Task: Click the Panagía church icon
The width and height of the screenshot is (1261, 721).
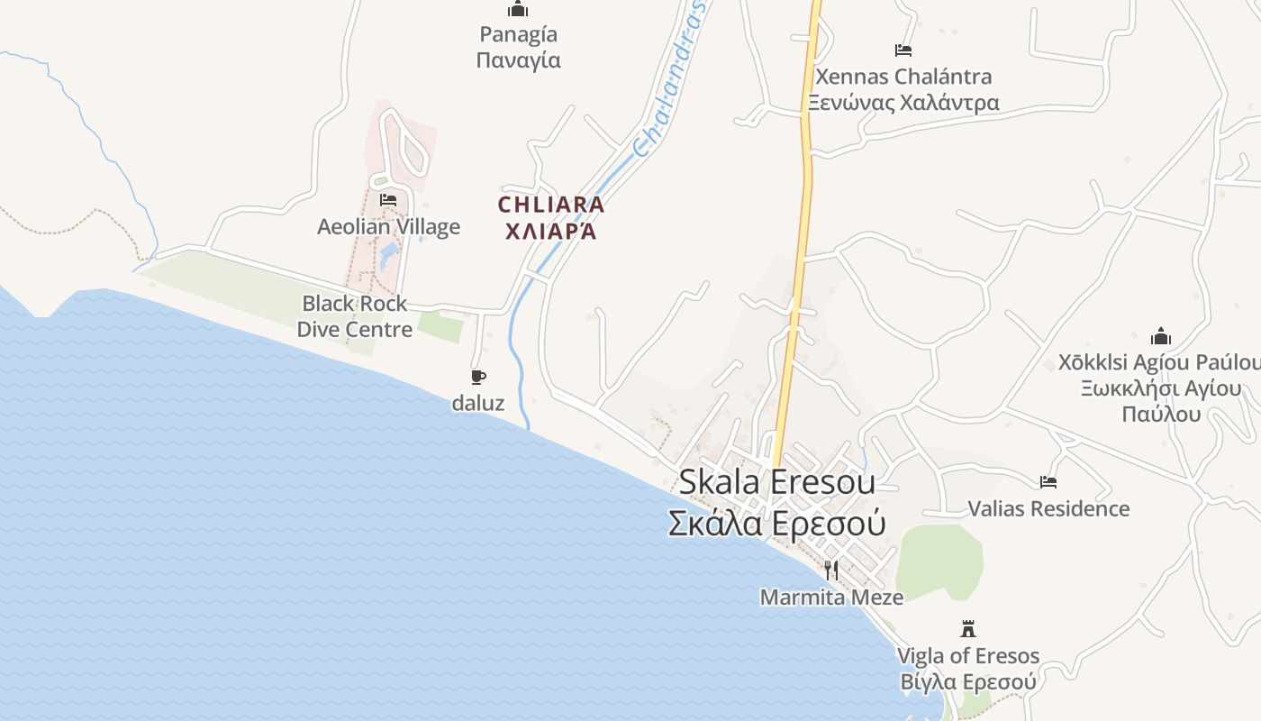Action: pyautogui.click(x=518, y=10)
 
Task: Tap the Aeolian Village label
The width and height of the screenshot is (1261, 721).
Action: pyautogui.click(x=388, y=227)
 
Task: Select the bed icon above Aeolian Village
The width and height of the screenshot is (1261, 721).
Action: pyautogui.click(x=388, y=199)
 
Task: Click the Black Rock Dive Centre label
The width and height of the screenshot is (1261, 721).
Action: pyautogui.click(x=355, y=316)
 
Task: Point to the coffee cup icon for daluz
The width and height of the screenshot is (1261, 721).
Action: pyautogui.click(x=478, y=377)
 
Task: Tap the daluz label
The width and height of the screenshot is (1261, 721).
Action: pyautogui.click(x=478, y=403)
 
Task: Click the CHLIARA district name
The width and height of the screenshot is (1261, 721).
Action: pyautogui.click(x=551, y=205)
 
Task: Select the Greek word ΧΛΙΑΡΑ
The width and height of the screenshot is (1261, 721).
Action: pyautogui.click(x=551, y=232)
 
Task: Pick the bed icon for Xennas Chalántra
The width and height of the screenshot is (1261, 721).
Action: pyautogui.click(x=903, y=50)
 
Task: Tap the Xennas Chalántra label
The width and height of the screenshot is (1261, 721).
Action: pyautogui.click(x=903, y=77)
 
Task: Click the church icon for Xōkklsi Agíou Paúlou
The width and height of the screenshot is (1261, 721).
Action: pyautogui.click(x=1161, y=337)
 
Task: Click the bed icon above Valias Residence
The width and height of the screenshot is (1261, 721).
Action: pyautogui.click(x=1048, y=482)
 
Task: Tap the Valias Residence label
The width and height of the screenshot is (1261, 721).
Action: pyautogui.click(x=1048, y=509)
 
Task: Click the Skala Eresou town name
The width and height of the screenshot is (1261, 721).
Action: pyautogui.click(x=776, y=482)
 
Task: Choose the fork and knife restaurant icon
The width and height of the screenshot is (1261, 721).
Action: pyautogui.click(x=831, y=570)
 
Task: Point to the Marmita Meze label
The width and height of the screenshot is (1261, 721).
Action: pyautogui.click(x=831, y=598)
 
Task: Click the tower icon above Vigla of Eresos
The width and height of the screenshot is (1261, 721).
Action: pyautogui.click(x=968, y=628)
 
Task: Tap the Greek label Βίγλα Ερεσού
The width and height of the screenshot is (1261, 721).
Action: pyautogui.click(x=968, y=682)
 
